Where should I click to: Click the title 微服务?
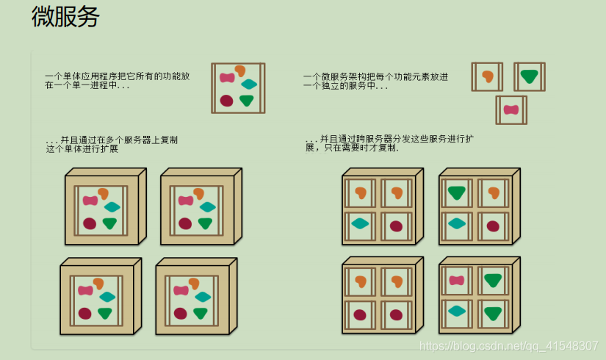[65, 17]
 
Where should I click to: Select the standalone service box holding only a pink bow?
[511, 109]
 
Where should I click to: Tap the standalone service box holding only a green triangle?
[529, 76]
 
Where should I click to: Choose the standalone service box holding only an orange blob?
[487, 76]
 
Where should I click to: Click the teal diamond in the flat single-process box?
[249, 84]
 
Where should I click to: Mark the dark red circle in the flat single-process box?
[226, 101]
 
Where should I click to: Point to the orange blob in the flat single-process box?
[239, 71]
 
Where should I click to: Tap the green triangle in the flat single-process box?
[247, 101]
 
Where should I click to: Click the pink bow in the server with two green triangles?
[456, 280]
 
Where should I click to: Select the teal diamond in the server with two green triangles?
[456, 311]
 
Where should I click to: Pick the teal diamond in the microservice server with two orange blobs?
[360, 223]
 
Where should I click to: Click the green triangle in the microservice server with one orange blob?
[457, 193]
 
